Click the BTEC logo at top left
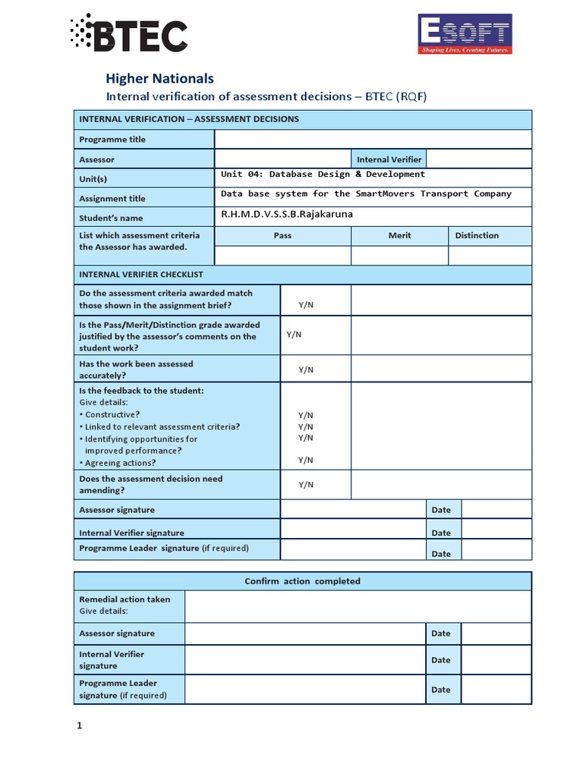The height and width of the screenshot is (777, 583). pos(128,34)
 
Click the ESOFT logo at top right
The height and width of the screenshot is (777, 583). pos(465,34)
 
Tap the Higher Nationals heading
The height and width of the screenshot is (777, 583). pos(159,78)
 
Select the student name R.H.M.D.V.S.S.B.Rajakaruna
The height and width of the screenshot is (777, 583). pos(287,215)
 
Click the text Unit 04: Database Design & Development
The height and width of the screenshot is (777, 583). pos(323,175)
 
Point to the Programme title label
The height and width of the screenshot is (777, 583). pos(112,140)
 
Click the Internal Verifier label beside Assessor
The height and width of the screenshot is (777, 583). pos(389,159)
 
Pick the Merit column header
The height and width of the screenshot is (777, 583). pos(399,235)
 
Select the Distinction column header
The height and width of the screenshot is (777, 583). pos(477,235)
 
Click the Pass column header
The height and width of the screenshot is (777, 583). pos(282,235)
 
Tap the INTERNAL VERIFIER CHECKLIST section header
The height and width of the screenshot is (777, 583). pos(141,274)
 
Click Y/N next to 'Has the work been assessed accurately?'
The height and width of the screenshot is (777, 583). pos(306,370)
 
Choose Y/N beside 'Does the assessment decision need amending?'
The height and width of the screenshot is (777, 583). pos(306,484)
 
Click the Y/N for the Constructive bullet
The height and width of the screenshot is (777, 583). pos(306,415)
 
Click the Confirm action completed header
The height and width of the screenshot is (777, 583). pos(302,581)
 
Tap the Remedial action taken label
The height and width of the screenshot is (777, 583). pos(124,599)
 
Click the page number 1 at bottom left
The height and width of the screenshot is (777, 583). pos(79,726)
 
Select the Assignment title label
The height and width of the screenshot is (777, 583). pos(112,199)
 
